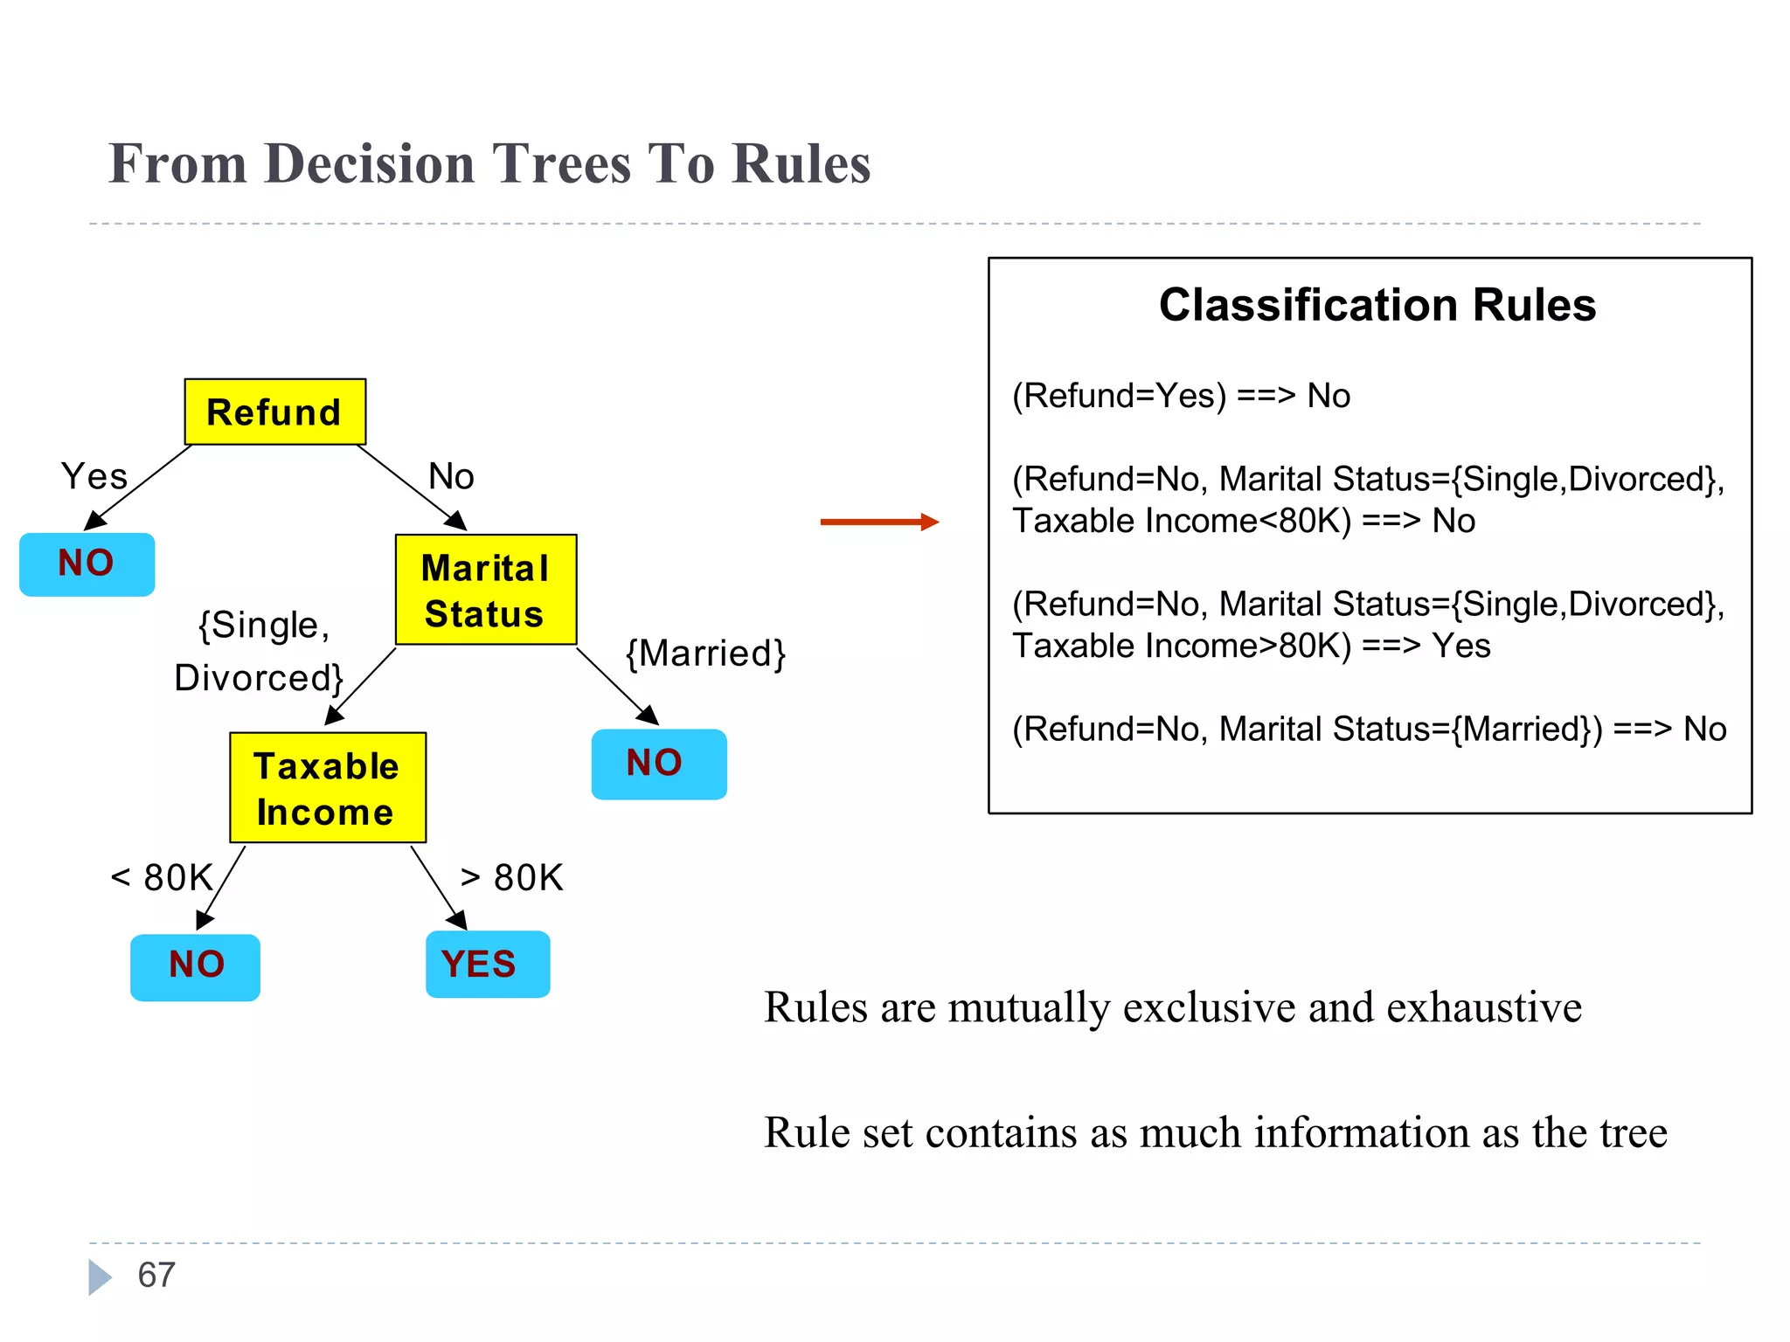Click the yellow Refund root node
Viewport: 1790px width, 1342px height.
coord(274,412)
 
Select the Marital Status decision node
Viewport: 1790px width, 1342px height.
coord(485,590)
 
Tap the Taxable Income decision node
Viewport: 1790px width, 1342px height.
coord(327,788)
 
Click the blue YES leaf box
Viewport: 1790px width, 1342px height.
coord(487,965)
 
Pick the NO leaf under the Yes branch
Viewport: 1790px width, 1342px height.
coord(87,564)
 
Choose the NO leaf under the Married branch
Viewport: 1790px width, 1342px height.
coord(658,764)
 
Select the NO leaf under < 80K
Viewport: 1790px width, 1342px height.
coord(195,966)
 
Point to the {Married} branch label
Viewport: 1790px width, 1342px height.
coord(705,654)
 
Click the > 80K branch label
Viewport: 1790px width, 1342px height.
coord(512,877)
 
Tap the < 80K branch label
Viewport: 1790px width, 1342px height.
coord(163,877)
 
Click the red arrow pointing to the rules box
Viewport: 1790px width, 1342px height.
coord(878,522)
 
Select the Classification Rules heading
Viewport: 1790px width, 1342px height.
coord(1377,305)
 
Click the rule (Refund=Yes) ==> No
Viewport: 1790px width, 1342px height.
coord(1180,396)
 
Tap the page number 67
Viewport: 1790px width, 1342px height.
coord(156,1275)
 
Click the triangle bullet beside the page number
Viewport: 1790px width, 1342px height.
coord(100,1276)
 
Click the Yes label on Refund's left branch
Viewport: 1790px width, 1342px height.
coord(94,477)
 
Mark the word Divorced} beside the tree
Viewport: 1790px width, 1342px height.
coord(259,678)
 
